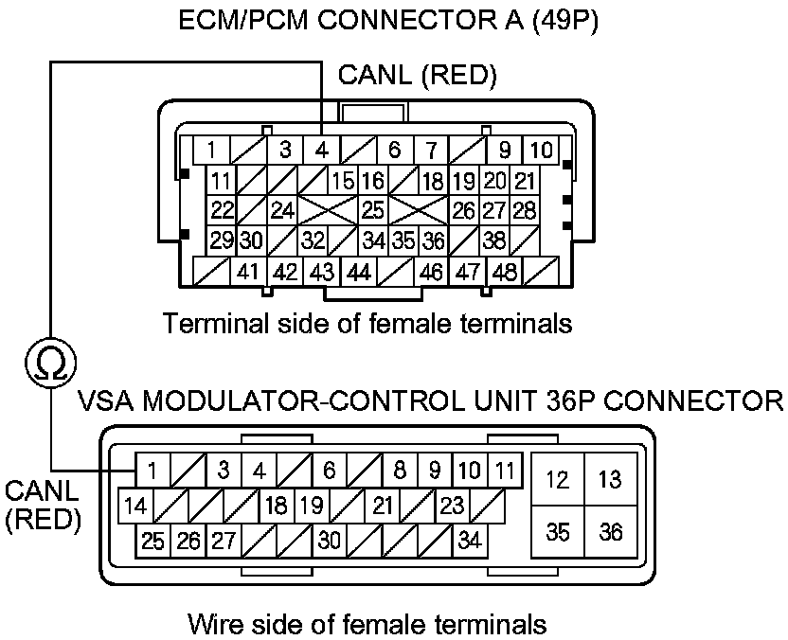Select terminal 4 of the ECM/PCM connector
tap(322, 150)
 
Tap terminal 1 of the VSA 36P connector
tap(152, 470)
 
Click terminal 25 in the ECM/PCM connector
tap(372, 209)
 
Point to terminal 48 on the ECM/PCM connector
tap(505, 273)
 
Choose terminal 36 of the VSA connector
tap(611, 532)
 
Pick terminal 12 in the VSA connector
tap(558, 480)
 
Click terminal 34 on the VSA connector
tap(469, 542)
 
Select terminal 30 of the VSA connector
tap(329, 542)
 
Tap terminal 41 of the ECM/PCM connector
tap(248, 273)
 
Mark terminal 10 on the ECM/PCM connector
tap(541, 150)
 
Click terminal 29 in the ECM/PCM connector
tap(222, 240)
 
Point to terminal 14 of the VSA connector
tap(135, 506)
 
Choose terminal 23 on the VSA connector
tap(453, 506)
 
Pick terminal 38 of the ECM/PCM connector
tap(494, 240)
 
